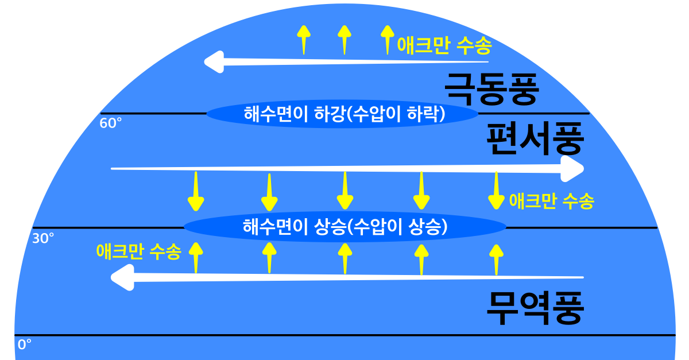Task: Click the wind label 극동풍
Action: (491, 88)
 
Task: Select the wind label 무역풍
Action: (535, 308)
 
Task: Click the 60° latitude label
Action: (111, 123)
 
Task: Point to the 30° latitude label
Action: (43, 238)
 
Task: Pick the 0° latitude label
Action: (24, 344)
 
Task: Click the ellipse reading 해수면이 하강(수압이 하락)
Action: (342, 113)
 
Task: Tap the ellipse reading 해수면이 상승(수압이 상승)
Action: (344, 227)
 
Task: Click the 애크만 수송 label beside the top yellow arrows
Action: (444, 45)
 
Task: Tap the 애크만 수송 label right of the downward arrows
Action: (551, 201)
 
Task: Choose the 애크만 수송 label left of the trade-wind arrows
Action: (138, 251)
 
